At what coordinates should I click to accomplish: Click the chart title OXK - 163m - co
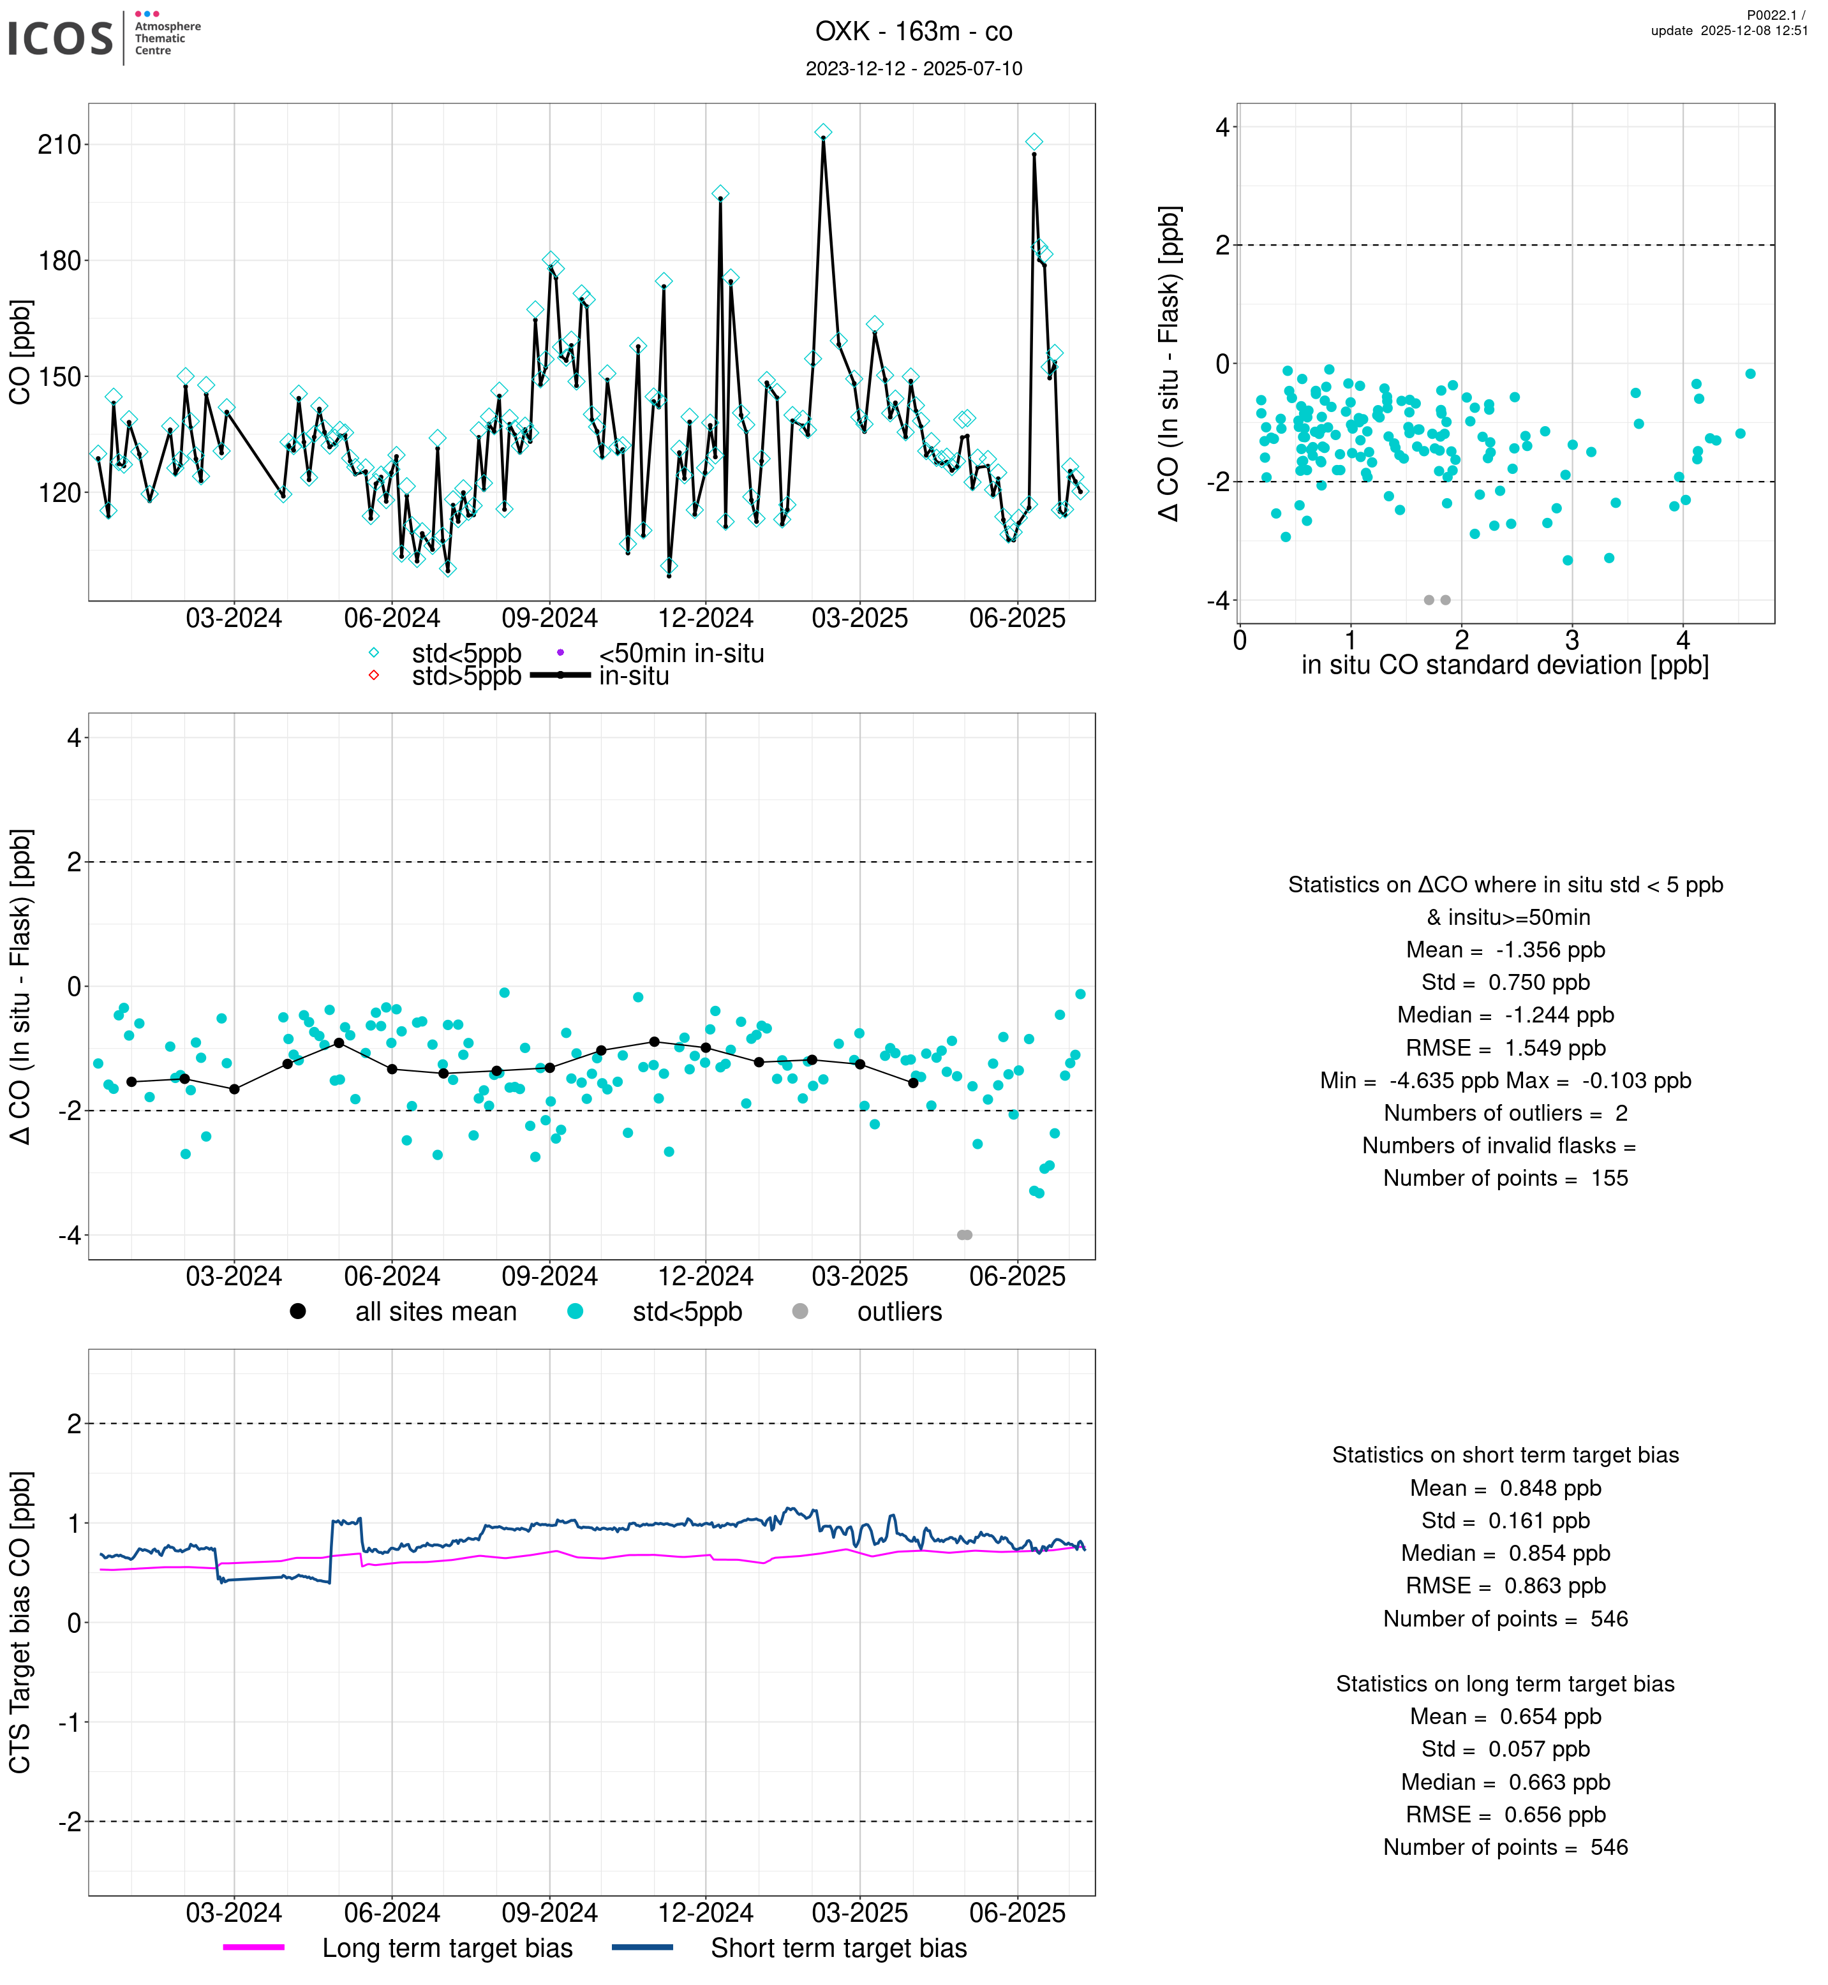pyautogui.click(x=913, y=32)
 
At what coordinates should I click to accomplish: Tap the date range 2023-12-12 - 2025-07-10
pyautogui.click(x=913, y=68)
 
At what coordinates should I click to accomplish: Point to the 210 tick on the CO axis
pyautogui.click(x=59, y=145)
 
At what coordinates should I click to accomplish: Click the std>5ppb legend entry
pyautogui.click(x=465, y=677)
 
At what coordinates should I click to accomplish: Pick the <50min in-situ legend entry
pyautogui.click(x=681, y=654)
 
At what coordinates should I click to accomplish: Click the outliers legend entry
pyautogui.click(x=898, y=1313)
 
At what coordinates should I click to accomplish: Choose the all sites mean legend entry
pyautogui.click(x=435, y=1313)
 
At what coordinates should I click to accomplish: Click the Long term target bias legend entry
pyautogui.click(x=447, y=1949)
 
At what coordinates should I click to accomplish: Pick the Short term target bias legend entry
pyautogui.click(x=838, y=1949)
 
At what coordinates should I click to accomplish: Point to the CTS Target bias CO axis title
pyautogui.click(x=21, y=1622)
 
